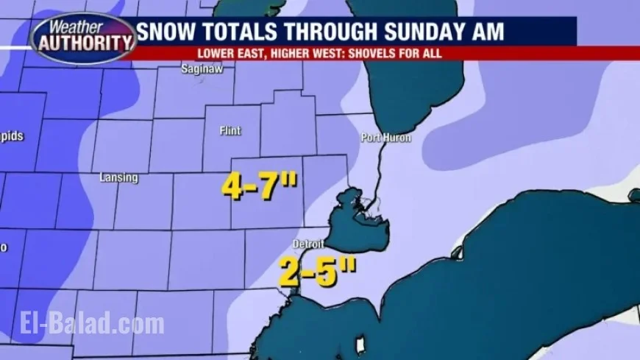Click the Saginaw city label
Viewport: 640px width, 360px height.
pos(202,69)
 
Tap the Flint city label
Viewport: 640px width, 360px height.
pos(230,130)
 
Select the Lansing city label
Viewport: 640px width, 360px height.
pos(118,177)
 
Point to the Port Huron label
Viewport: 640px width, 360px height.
pos(385,138)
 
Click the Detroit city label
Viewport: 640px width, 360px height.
pos(307,244)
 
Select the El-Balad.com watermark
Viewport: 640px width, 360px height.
pos(82,323)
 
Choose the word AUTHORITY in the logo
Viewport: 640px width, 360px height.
pos(83,43)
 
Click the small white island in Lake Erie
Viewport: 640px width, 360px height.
pos(360,345)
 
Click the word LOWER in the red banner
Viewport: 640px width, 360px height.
pos(213,54)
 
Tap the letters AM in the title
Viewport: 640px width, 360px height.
pos(487,32)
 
